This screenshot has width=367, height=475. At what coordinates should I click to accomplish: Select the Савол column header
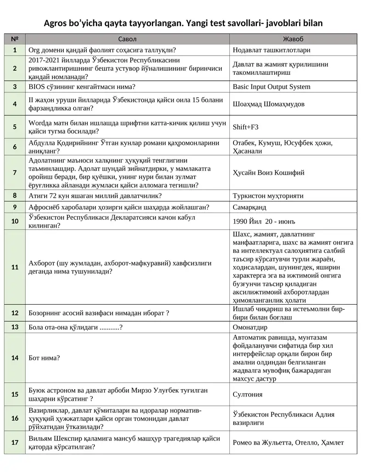pos(127,39)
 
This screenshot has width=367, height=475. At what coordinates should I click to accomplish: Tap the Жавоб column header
pos(293,39)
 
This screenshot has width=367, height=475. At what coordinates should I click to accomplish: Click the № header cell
pos(15,39)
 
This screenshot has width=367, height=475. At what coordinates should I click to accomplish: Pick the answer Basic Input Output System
pos(271,87)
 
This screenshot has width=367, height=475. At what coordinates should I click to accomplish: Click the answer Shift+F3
pos(245,127)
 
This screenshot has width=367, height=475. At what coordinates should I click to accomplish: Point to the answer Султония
pos(248,394)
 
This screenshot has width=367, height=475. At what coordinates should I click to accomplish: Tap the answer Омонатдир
pos(250,328)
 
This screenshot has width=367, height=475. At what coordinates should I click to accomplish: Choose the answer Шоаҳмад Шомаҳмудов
pos(268,104)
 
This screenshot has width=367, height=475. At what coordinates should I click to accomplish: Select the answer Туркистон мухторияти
pos(268,196)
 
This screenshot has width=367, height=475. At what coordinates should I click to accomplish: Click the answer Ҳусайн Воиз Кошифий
pos(268,173)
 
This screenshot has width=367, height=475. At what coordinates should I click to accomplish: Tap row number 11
pos(15,267)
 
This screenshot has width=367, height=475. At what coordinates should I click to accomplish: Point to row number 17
pos(15,443)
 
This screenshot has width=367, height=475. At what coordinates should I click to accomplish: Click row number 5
pos(15,127)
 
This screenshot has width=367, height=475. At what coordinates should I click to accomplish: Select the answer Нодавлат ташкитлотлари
pos(271,50)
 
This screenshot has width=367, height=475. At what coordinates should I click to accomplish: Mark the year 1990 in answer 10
pos(241,221)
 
